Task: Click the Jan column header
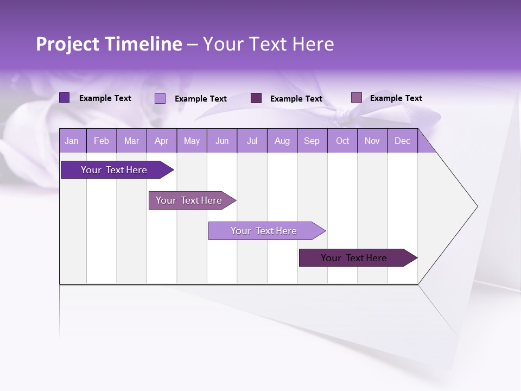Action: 72,141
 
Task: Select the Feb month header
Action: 101,141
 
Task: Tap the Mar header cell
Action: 131,141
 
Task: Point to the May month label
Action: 192,141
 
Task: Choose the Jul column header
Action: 252,141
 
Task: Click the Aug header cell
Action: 282,141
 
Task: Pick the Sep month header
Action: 312,141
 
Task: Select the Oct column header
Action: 342,141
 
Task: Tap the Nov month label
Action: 372,141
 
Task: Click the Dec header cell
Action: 402,141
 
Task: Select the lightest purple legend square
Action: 160,98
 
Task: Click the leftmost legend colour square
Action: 64,98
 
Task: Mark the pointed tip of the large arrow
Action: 476,206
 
